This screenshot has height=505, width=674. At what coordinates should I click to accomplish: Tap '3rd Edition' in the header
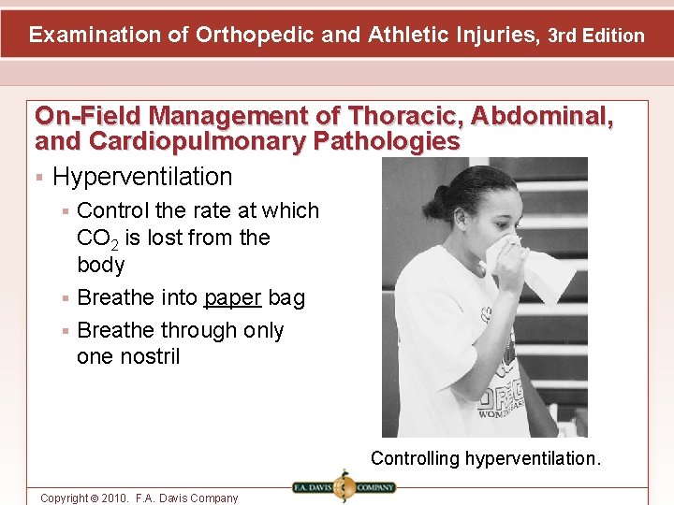596,36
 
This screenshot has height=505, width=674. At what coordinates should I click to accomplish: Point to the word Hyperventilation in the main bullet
142,176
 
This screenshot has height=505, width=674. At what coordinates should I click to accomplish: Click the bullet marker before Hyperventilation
39,177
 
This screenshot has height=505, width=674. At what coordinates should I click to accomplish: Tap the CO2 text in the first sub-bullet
94,239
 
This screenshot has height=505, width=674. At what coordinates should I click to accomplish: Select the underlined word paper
233,298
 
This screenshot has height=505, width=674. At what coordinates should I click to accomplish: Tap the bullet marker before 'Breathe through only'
66,331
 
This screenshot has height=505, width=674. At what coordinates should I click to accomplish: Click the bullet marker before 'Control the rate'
66,211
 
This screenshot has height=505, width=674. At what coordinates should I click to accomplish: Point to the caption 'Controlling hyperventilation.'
486,458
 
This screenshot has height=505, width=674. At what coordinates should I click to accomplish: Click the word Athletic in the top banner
411,36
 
